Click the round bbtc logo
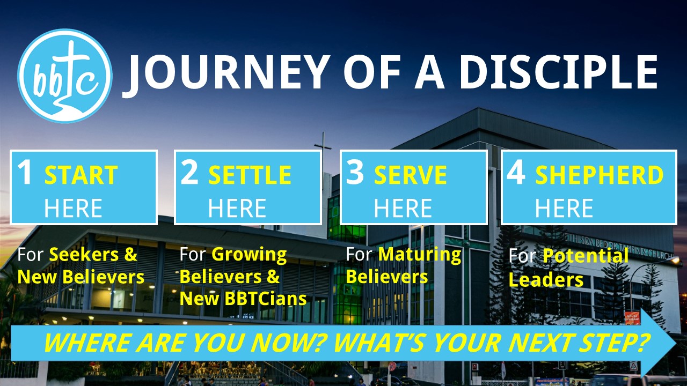65,76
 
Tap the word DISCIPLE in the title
558,72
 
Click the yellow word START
81,175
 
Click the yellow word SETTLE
250,175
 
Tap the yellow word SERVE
411,175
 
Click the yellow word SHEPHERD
600,175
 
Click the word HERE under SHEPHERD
564,208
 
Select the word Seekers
84,254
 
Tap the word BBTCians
266,299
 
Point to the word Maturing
420,255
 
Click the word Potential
586,256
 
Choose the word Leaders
546,280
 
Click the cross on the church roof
323,150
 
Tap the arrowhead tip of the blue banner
676,343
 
